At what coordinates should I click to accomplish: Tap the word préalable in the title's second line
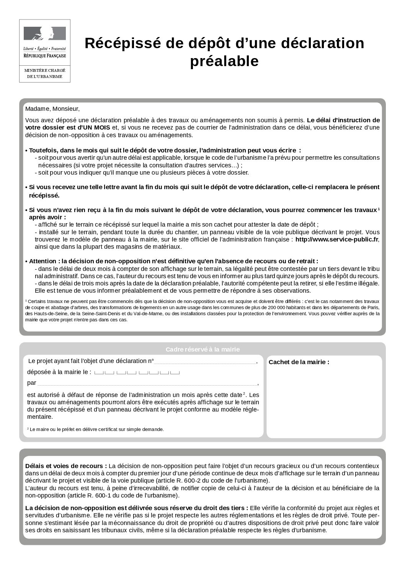click(224, 61)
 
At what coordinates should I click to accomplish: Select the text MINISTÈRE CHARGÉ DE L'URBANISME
click(45, 74)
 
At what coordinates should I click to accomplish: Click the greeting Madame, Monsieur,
click(52, 109)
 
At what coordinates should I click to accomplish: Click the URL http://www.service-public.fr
click(336, 239)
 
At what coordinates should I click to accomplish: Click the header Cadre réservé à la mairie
click(202, 349)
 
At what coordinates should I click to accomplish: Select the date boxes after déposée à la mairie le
click(137, 372)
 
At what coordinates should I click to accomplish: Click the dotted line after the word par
click(147, 383)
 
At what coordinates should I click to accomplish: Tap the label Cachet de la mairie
click(299, 362)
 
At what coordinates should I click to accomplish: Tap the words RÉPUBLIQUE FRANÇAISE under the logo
click(45, 56)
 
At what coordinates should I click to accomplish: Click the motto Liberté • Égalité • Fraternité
click(45, 49)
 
